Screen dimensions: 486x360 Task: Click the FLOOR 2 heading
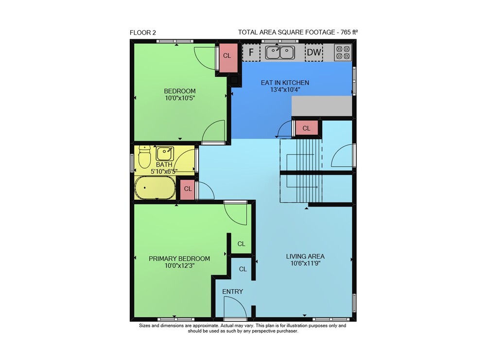click(142, 33)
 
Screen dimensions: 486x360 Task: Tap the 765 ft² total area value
click(349, 32)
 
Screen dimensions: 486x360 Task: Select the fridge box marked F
click(251, 52)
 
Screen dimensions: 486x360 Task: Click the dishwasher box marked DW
click(314, 52)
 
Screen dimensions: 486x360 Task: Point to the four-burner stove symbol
click(343, 52)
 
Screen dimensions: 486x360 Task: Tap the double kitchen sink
click(280, 52)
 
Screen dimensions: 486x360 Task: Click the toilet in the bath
click(144, 156)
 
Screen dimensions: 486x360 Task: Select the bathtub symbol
click(155, 188)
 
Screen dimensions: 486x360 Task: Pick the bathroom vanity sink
click(165, 154)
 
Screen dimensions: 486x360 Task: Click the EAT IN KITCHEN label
click(285, 83)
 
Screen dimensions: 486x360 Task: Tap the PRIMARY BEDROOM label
click(179, 258)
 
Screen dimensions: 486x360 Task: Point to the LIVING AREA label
click(305, 257)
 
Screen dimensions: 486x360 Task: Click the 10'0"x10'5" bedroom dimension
click(180, 98)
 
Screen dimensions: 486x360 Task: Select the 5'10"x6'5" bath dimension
click(164, 171)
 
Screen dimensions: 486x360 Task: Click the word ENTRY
click(232, 291)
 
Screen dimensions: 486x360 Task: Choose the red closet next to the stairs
click(306, 128)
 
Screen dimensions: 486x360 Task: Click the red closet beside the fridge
click(227, 58)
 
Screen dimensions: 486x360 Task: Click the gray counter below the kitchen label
click(322, 106)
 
